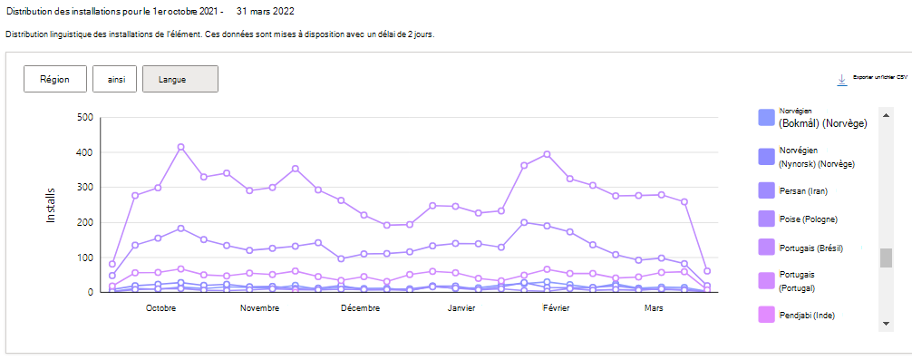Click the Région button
tap(54, 79)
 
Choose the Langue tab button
tap(179, 79)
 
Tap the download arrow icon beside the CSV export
tap(841, 80)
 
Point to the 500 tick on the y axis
tap(85, 117)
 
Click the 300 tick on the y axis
tap(85, 188)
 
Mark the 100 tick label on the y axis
tap(85, 258)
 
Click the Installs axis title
tap(52, 205)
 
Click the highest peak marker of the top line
tap(181, 147)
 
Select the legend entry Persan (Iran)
tap(804, 190)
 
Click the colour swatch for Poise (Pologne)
tap(766, 219)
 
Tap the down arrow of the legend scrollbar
tap(886, 324)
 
